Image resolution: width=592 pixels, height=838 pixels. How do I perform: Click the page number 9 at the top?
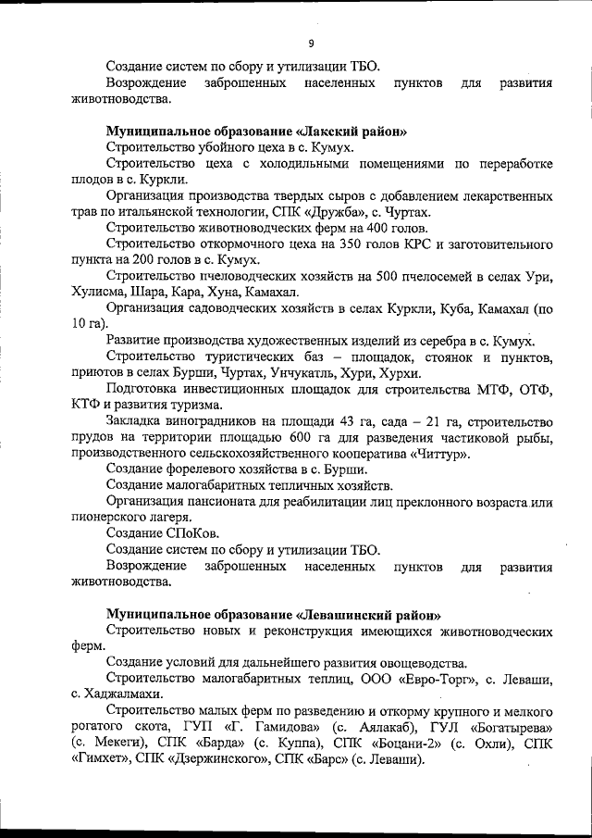point(312,43)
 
